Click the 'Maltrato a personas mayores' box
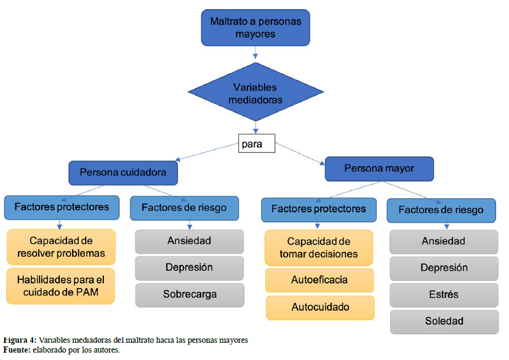(x=255, y=28)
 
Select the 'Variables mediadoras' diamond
(x=255, y=93)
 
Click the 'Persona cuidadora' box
(x=123, y=173)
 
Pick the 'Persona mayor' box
(x=379, y=168)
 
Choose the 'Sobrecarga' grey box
(x=190, y=294)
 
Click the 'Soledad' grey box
(x=444, y=321)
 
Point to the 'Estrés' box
(x=444, y=294)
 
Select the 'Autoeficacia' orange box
(x=319, y=280)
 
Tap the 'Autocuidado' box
(x=319, y=307)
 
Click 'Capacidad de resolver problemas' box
(x=62, y=247)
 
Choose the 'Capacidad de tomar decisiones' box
(x=319, y=247)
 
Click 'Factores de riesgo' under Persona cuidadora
(x=184, y=208)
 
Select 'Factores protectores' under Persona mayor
(x=319, y=209)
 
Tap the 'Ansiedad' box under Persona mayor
(x=444, y=241)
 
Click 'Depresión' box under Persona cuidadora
(x=190, y=268)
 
